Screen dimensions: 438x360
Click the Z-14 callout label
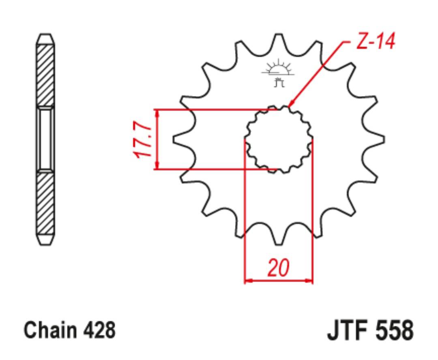(376, 41)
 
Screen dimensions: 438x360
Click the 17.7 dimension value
(143, 139)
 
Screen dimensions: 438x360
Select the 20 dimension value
(279, 268)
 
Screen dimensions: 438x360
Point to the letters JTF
(349, 330)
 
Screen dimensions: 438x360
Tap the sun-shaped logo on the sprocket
(278, 73)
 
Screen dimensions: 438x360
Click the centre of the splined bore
(279, 139)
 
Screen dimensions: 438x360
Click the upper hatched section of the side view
(45, 75)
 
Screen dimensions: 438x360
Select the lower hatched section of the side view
(45, 204)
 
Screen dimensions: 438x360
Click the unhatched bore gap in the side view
(45, 139)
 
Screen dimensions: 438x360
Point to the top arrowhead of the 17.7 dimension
(158, 113)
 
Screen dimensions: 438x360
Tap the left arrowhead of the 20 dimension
(248, 280)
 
